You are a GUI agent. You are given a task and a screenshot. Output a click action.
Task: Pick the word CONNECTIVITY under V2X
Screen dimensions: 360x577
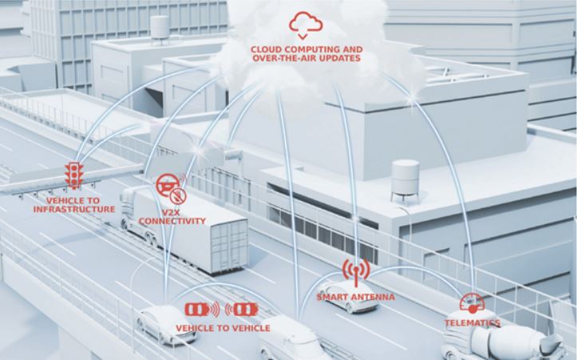point(171,220)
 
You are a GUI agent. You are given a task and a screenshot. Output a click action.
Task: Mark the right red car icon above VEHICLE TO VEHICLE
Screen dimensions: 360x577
point(242,308)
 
